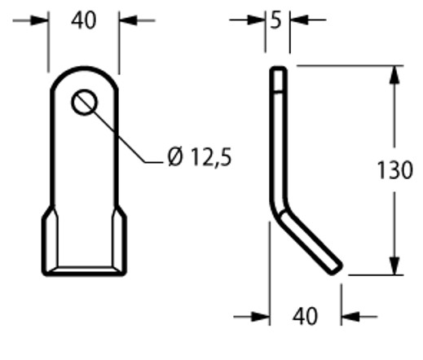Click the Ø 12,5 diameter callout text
click(199, 156)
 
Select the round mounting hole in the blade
click(85, 103)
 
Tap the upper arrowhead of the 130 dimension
click(394, 75)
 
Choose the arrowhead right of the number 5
click(296, 20)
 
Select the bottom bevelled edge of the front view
click(85, 270)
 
